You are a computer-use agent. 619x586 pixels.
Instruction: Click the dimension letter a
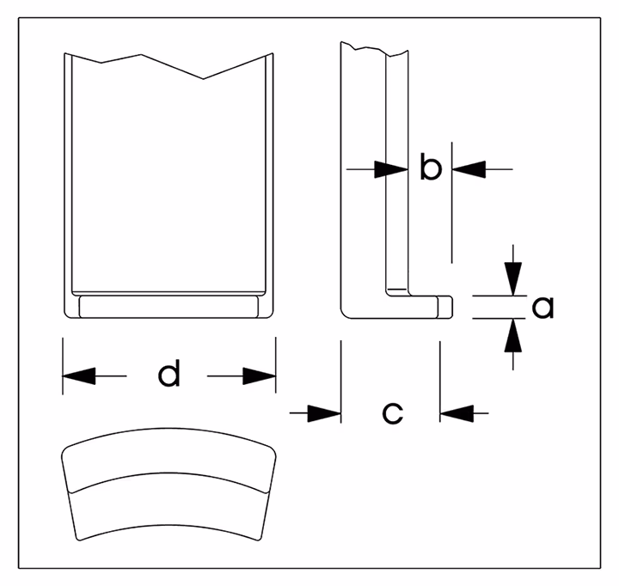[x=542, y=307]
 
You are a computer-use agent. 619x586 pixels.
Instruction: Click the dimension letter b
[x=430, y=168]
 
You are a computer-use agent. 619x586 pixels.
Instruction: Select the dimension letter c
[x=391, y=413]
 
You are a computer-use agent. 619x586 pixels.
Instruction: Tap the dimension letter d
[x=169, y=375]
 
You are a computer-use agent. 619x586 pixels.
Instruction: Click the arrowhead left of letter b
[x=391, y=170]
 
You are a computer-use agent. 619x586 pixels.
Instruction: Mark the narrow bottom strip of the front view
[x=169, y=306]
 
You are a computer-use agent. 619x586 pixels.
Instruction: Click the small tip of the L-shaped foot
[x=445, y=305]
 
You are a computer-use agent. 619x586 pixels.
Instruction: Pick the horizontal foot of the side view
[x=395, y=306]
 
